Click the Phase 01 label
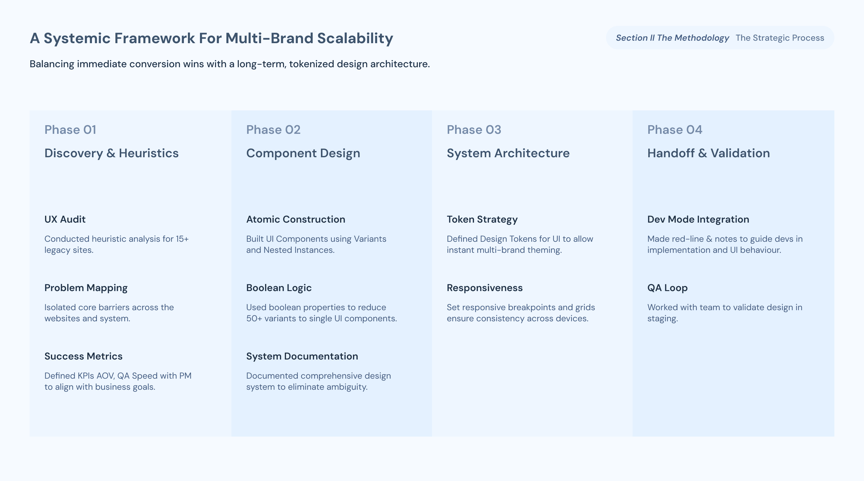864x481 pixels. (70, 130)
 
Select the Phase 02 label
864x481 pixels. (273, 130)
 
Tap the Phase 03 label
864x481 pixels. (474, 130)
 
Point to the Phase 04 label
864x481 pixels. (675, 130)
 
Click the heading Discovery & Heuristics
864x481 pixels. (112, 153)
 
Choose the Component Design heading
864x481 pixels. (303, 154)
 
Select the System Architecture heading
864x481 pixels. (508, 154)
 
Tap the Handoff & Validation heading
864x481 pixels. (709, 153)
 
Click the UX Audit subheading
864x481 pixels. (65, 219)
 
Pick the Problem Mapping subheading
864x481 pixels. (86, 288)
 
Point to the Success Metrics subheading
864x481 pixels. (84, 356)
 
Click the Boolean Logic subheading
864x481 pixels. (279, 288)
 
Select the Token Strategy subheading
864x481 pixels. (482, 220)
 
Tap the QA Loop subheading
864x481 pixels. (667, 288)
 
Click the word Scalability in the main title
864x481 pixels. (355, 38)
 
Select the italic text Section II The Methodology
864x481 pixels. (672, 38)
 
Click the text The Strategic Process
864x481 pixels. (780, 38)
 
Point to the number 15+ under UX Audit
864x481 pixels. (182, 239)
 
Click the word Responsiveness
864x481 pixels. (485, 288)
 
